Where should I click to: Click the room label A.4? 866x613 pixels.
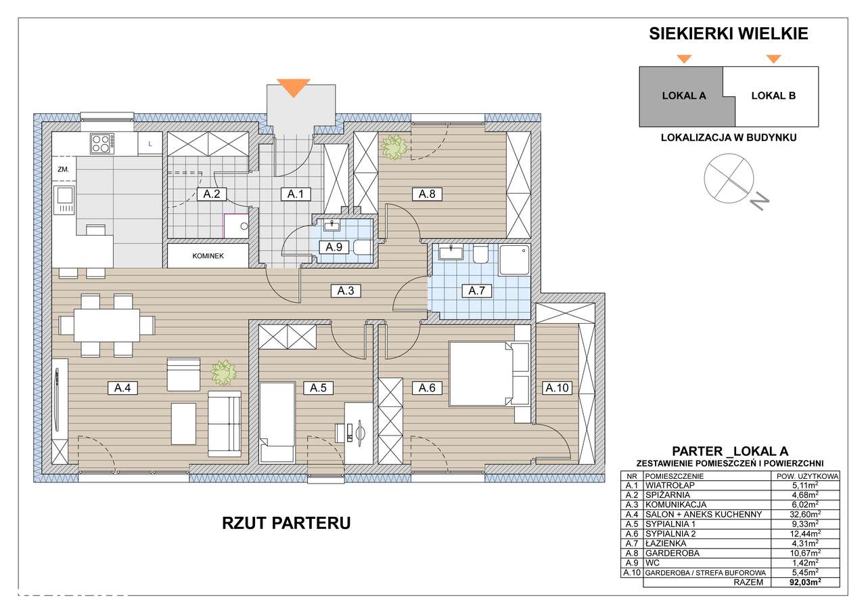click(x=122, y=388)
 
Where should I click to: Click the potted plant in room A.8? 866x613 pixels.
click(x=392, y=147)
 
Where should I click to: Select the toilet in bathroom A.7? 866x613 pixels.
click(x=481, y=255)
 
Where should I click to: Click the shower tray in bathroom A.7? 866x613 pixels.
click(x=516, y=259)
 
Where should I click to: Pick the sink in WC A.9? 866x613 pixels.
click(x=330, y=225)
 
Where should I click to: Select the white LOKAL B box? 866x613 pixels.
click(x=773, y=96)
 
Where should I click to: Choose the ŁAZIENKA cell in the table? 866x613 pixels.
click(x=666, y=543)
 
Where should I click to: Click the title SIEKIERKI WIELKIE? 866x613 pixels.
click(x=729, y=34)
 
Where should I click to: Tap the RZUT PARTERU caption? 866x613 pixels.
click(x=286, y=524)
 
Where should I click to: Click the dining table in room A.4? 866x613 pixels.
click(x=106, y=325)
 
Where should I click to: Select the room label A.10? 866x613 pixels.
click(x=557, y=388)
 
